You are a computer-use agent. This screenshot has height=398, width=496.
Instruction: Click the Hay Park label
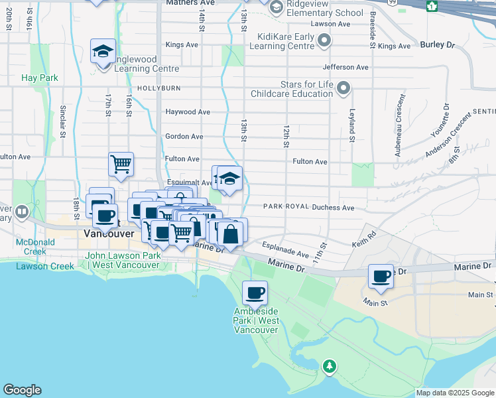pos(40,78)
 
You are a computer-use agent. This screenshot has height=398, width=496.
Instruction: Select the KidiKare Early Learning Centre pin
pos(324,41)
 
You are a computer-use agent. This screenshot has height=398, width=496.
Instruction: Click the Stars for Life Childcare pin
pos(343,88)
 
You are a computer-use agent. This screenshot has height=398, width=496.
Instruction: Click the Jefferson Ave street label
pos(345,67)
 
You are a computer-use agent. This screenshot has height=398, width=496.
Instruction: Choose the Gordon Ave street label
pos(184,136)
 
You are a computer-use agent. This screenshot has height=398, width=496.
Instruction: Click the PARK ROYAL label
pos(286,207)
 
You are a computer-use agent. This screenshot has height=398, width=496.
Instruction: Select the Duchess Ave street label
pos(334,208)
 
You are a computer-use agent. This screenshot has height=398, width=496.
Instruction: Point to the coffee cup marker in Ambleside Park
pos(254,292)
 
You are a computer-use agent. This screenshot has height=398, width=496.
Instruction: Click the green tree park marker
pos(329,366)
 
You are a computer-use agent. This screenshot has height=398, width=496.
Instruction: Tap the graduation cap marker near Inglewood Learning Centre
pos(103,51)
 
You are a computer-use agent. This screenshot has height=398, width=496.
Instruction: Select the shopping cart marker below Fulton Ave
pos(121,163)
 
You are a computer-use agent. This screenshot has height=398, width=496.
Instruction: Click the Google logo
pos(22,389)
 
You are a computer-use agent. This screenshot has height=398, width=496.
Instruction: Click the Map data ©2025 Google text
pos(454,393)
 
